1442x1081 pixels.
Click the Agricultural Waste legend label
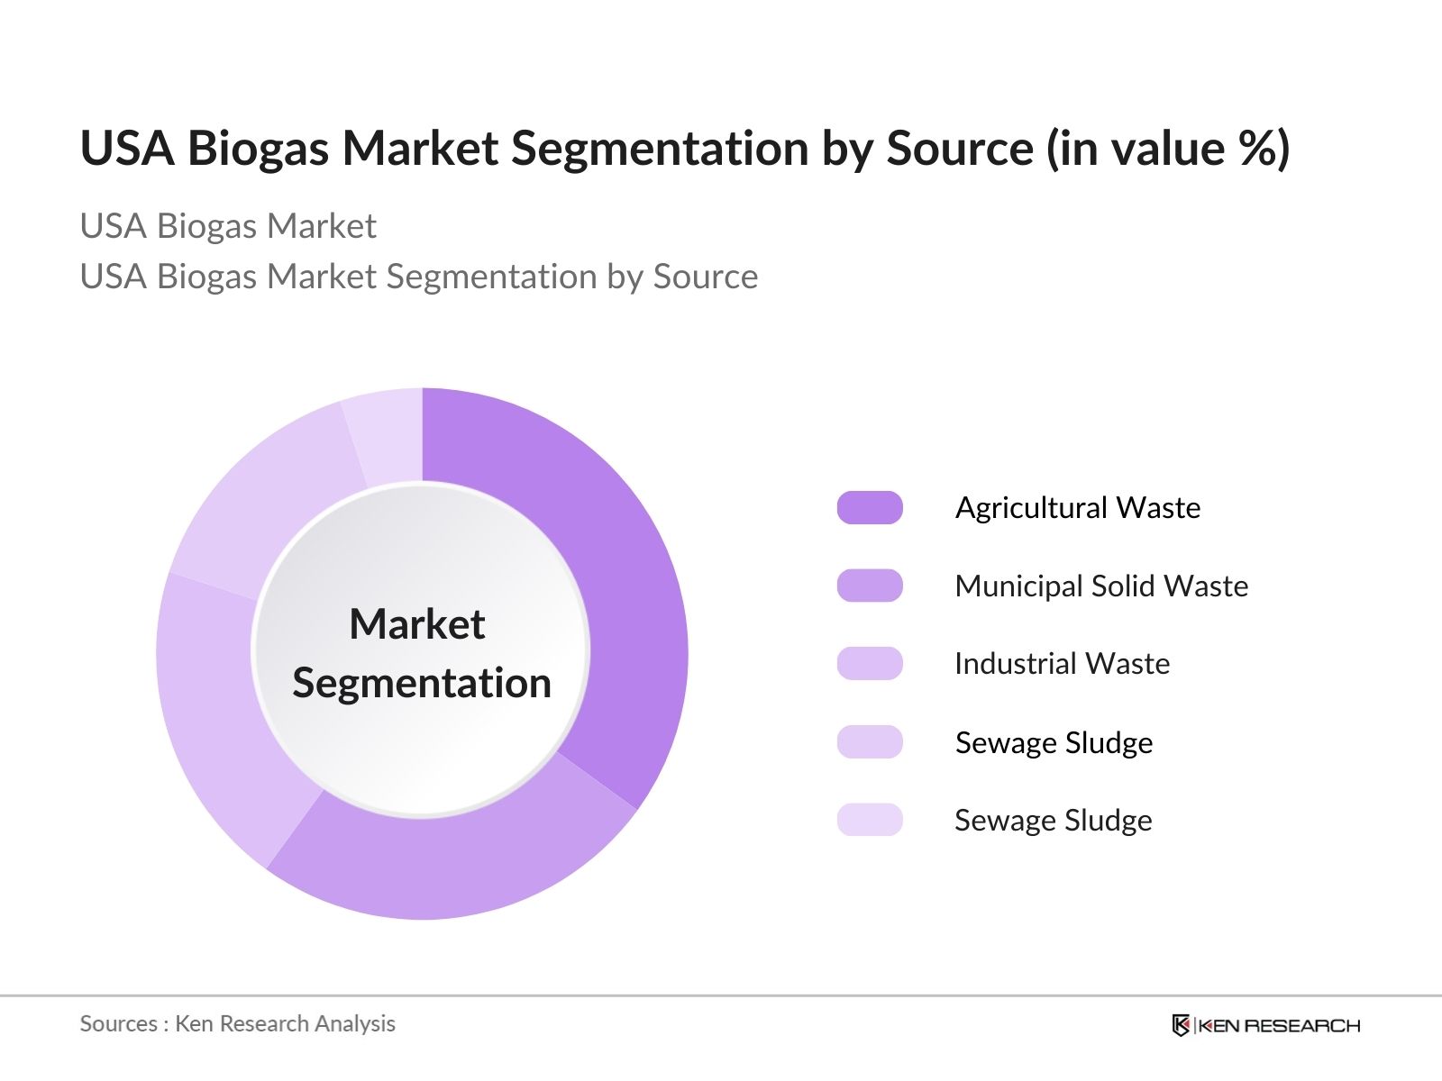pyautogui.click(x=1077, y=508)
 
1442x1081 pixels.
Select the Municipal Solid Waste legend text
pyautogui.click(x=1100, y=586)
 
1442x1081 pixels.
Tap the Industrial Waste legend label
pyautogui.click(x=1062, y=664)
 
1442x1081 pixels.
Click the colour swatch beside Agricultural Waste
pyautogui.click(x=870, y=508)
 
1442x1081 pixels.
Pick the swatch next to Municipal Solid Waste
pyautogui.click(x=870, y=586)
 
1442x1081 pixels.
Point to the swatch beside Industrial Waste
pyautogui.click(x=870, y=664)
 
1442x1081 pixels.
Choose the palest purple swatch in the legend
pyautogui.click(x=870, y=820)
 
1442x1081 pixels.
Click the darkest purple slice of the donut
pyautogui.click(x=622, y=586)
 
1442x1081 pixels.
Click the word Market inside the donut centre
pyautogui.click(x=416, y=624)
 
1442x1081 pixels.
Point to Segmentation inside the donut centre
pyautogui.click(x=421, y=683)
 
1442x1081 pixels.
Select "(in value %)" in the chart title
pyautogui.click(x=1168, y=148)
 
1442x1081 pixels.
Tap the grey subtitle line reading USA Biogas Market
pyautogui.click(x=228, y=226)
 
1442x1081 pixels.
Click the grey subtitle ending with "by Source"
pyautogui.click(x=418, y=277)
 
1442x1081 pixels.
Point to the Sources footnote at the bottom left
pyautogui.click(x=237, y=1023)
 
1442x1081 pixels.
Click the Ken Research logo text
pyautogui.click(x=1278, y=1025)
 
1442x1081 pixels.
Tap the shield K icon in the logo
pyautogui.click(x=1181, y=1025)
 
